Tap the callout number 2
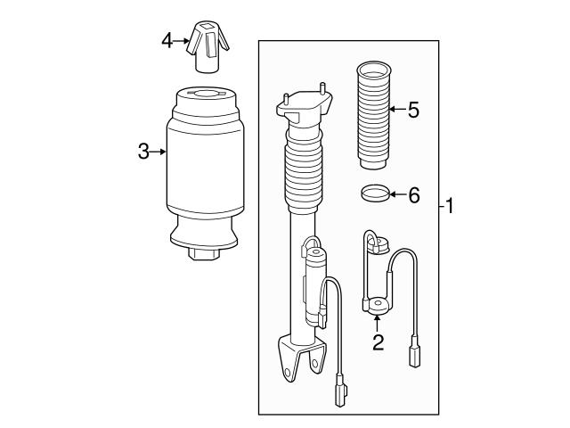click(x=378, y=342)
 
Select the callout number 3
click(x=143, y=152)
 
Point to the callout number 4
click(x=167, y=40)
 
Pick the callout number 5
click(x=412, y=111)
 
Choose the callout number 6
click(x=412, y=194)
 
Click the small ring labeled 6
click(x=376, y=193)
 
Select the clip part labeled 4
click(x=208, y=49)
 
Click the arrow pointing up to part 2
click(x=378, y=324)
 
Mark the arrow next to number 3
click(x=160, y=152)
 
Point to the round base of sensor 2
click(x=375, y=307)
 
